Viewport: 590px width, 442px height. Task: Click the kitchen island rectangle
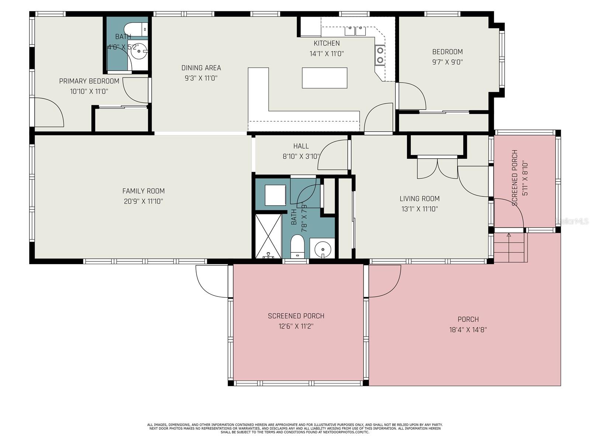coord(324,78)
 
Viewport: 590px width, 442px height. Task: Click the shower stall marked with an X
coord(268,236)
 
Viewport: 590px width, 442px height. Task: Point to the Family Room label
coord(143,191)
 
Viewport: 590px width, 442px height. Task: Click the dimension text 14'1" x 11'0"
coord(326,54)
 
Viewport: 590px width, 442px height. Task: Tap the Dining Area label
coord(201,68)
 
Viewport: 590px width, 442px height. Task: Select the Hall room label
coord(301,146)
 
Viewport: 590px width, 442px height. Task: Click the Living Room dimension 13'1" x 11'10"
coord(420,209)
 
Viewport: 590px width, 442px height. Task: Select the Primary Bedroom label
coord(89,81)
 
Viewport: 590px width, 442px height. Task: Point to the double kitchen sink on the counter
coord(355,31)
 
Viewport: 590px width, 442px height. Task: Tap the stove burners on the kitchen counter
coord(380,55)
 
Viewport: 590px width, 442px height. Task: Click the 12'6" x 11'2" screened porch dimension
coord(296,326)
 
